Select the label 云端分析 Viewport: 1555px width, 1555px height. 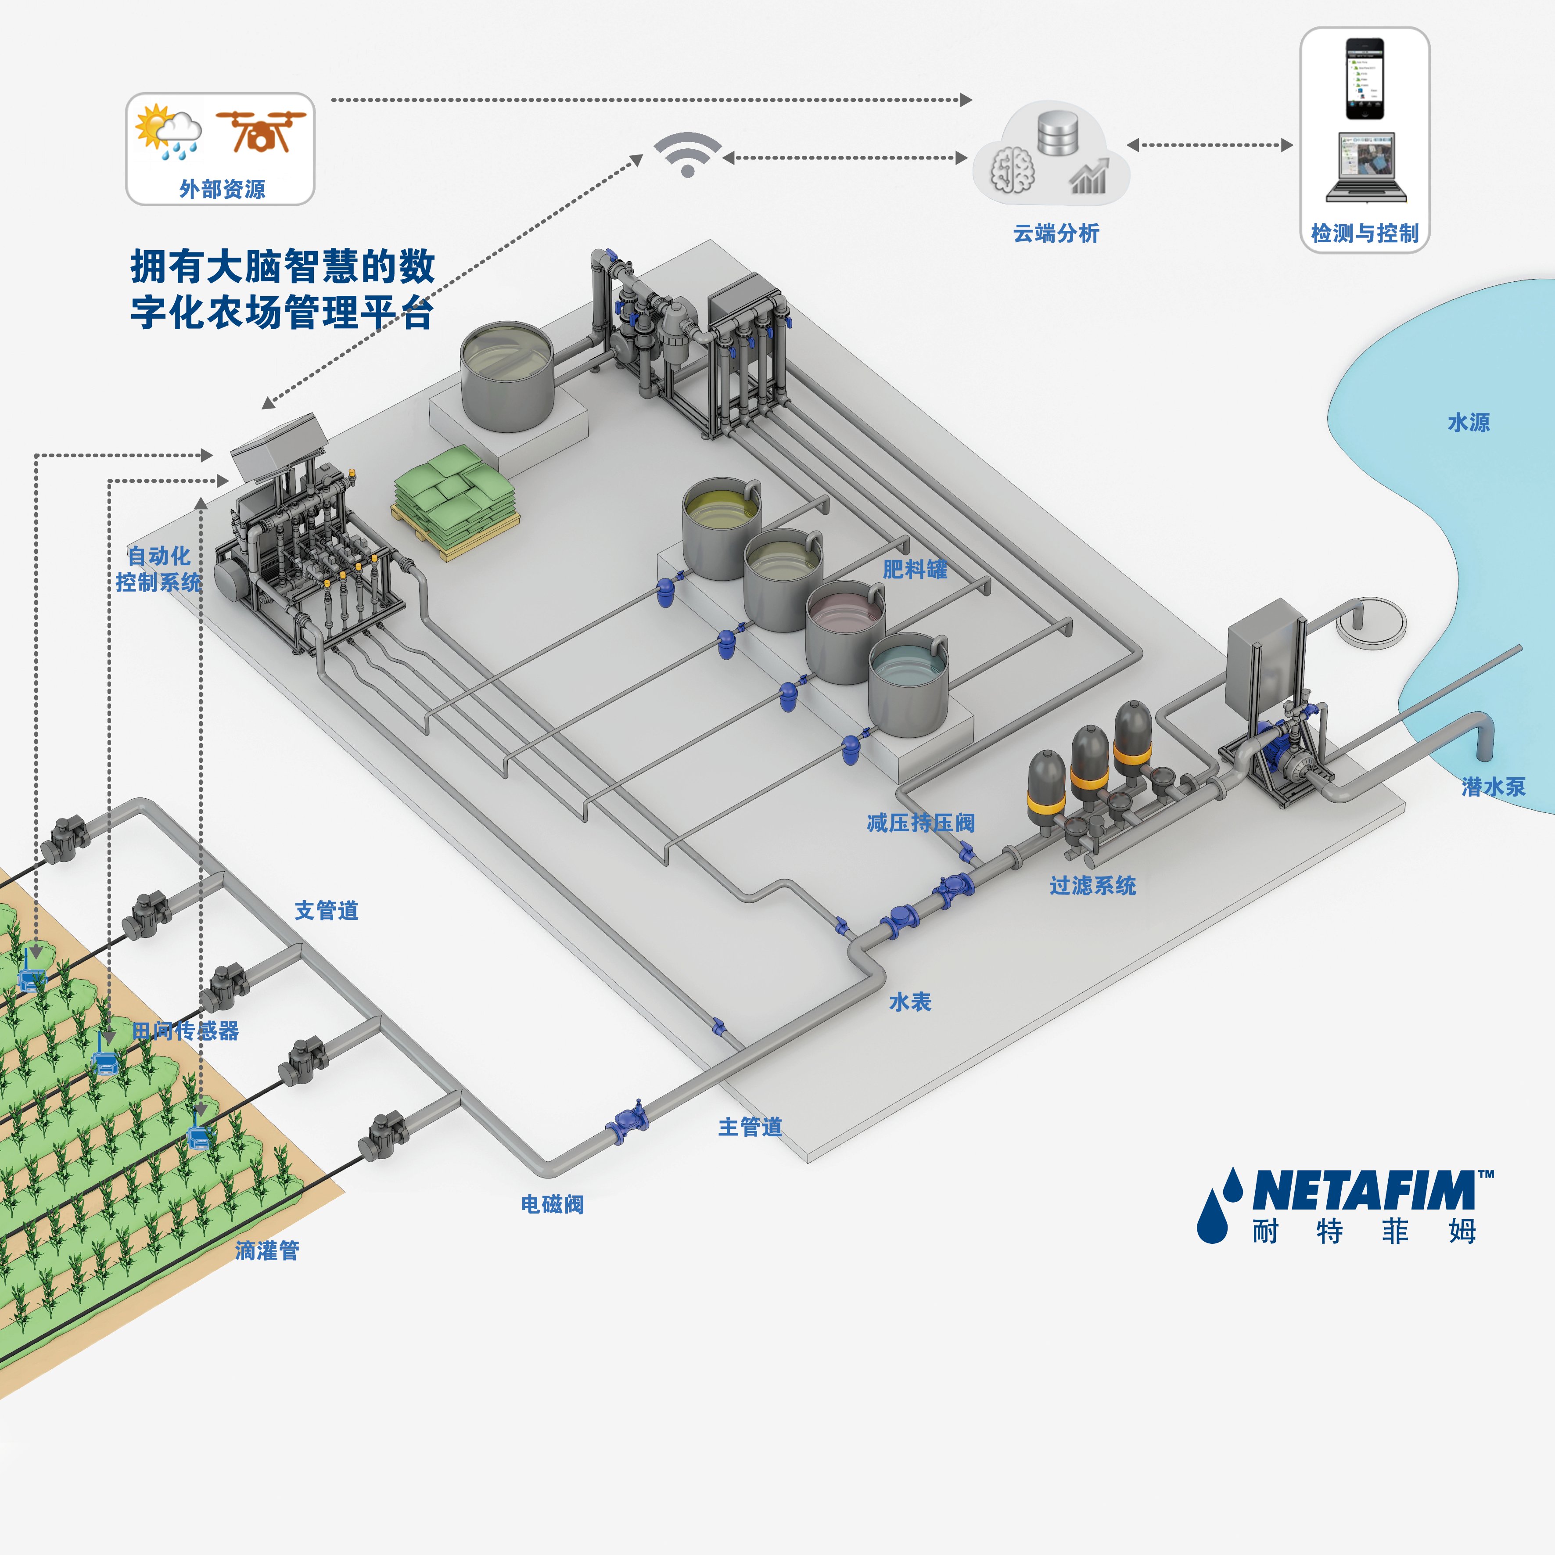pyautogui.click(x=1056, y=233)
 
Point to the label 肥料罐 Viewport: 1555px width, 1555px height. pyautogui.click(x=915, y=570)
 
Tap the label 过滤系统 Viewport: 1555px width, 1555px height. pyautogui.click(x=1092, y=886)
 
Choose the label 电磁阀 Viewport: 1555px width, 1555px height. pyautogui.click(x=552, y=1204)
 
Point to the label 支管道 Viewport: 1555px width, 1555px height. pyautogui.click(x=326, y=910)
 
